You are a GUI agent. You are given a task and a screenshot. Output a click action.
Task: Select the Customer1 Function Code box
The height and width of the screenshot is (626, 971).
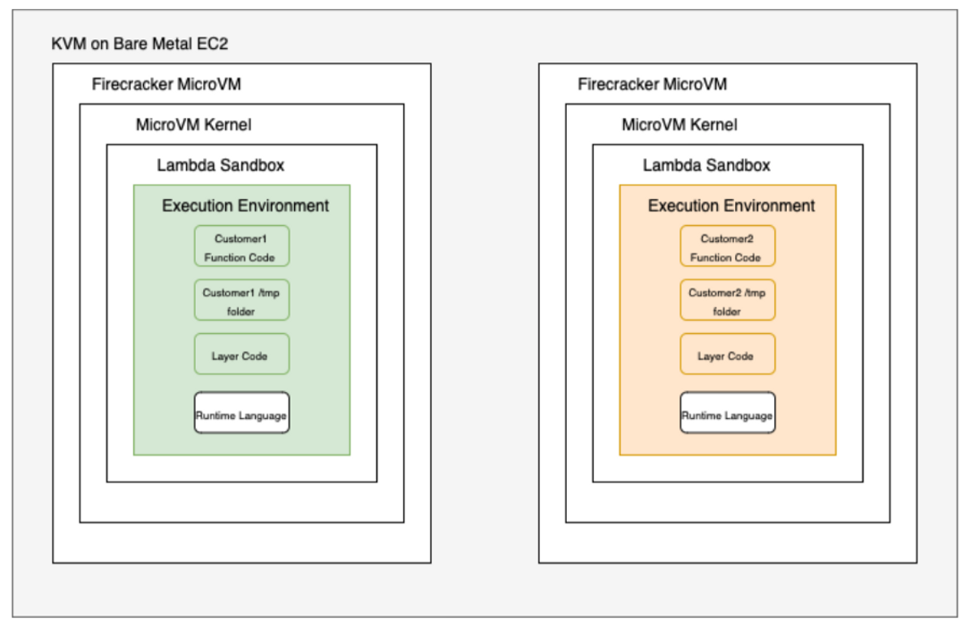pyautogui.click(x=241, y=246)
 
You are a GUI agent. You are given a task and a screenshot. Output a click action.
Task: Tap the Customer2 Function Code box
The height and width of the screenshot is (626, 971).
pyautogui.click(x=727, y=246)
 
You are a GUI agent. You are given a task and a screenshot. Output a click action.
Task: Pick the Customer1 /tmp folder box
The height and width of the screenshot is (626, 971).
pyautogui.click(x=241, y=301)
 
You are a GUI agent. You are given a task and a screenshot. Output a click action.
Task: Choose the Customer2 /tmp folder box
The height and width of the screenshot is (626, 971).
pyautogui.click(x=727, y=301)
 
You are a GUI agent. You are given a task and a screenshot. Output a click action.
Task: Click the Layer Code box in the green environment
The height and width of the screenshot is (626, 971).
pyautogui.click(x=241, y=355)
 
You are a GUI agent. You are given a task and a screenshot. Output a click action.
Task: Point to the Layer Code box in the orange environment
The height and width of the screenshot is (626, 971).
pyautogui.click(x=727, y=355)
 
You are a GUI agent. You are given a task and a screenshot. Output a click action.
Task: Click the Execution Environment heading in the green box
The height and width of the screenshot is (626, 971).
pyautogui.click(x=245, y=205)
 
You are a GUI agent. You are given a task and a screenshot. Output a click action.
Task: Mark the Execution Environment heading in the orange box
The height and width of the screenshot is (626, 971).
pyautogui.click(x=730, y=205)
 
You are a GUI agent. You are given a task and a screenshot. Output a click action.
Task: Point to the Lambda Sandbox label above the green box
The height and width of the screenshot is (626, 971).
pyautogui.click(x=220, y=165)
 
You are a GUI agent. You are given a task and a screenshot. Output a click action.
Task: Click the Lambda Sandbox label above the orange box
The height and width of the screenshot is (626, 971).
pyautogui.click(x=705, y=165)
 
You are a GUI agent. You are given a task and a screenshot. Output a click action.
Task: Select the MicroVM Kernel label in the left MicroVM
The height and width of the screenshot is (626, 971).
pyautogui.click(x=193, y=125)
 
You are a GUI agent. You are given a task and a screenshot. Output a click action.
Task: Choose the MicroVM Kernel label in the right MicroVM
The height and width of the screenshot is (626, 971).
pyautogui.click(x=679, y=125)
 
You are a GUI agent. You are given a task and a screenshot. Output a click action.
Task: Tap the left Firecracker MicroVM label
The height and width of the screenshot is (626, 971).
pyautogui.click(x=166, y=85)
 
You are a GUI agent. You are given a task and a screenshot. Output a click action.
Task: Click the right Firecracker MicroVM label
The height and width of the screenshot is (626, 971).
pyautogui.click(x=652, y=85)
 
